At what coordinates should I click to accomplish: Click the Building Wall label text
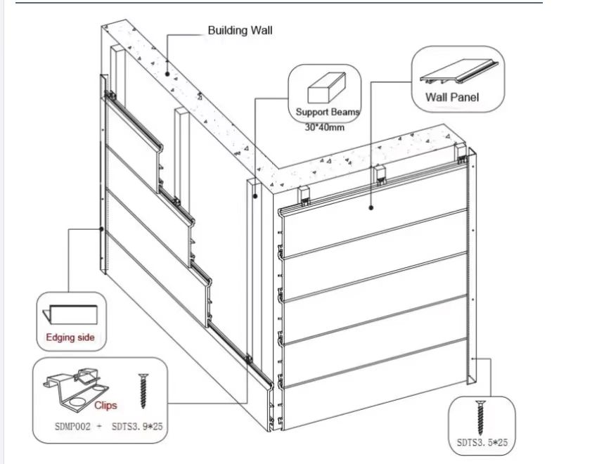240,30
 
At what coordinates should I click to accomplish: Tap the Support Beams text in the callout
328,112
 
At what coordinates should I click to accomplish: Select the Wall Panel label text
452,97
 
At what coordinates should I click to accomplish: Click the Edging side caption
70,337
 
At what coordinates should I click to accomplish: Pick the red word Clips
105,405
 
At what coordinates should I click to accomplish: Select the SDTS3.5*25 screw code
482,443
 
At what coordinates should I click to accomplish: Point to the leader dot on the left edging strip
103,229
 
